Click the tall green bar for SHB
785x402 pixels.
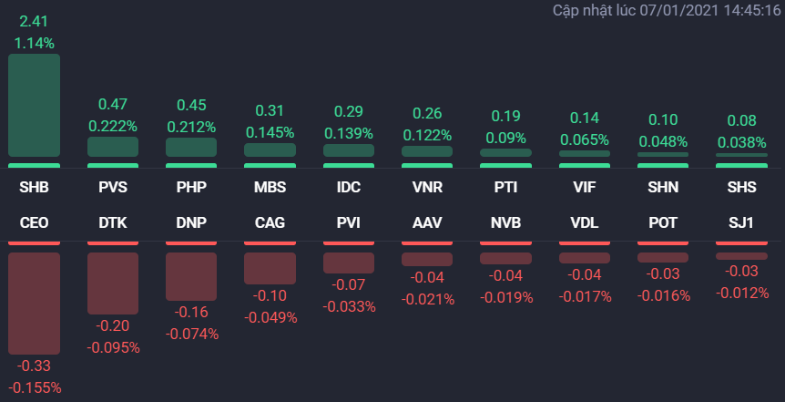35,105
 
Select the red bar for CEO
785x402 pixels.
35,303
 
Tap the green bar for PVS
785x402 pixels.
113,147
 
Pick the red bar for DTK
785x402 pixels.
113,283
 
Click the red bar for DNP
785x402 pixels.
191,276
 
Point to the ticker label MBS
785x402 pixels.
270,189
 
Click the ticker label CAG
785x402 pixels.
270,222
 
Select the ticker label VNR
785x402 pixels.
427,189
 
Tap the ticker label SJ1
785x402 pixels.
740,222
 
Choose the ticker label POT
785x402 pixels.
662,222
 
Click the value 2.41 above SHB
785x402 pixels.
35,20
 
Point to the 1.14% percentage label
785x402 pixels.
35,42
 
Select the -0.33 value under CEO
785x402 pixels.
35,366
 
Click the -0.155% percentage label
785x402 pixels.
35,387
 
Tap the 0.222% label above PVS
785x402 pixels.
113,126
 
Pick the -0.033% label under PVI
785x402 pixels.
348,306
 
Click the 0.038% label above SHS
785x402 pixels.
740,142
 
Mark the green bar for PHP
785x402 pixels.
191,147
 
